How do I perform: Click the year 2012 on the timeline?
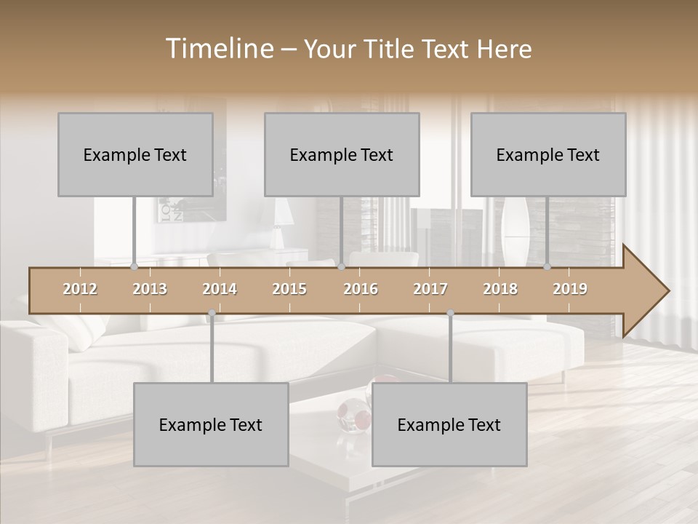pyautogui.click(x=80, y=289)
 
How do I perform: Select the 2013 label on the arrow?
pyautogui.click(x=150, y=289)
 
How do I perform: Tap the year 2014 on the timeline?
pyautogui.click(x=220, y=289)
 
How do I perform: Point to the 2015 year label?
pyautogui.click(x=289, y=289)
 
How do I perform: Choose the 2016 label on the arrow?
pyautogui.click(x=361, y=289)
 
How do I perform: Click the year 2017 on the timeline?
pyautogui.click(x=430, y=289)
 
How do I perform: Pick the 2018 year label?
pyautogui.click(x=500, y=289)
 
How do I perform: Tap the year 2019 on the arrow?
pyautogui.click(x=570, y=289)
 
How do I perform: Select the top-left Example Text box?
pyautogui.click(x=135, y=154)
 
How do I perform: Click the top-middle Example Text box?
pyautogui.click(x=342, y=154)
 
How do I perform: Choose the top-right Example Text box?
pyautogui.click(x=548, y=154)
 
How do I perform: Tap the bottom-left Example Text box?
pyautogui.click(x=211, y=424)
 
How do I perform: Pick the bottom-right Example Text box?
pyautogui.click(x=449, y=424)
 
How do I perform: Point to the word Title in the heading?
pyautogui.click(x=391, y=49)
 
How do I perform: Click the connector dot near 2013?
pyautogui.click(x=135, y=267)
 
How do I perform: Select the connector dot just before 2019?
pyautogui.click(x=547, y=267)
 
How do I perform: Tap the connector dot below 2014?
pyautogui.click(x=212, y=314)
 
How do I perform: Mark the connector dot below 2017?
pyautogui.click(x=450, y=314)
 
